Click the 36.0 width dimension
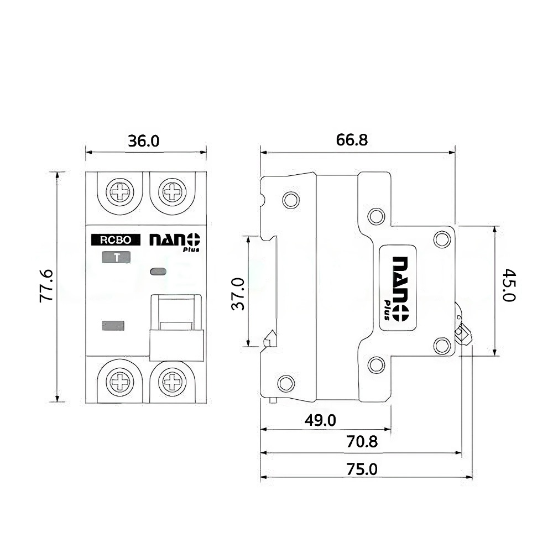point(144,140)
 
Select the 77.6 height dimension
point(46,286)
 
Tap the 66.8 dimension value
point(352,140)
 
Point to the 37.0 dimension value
point(238,294)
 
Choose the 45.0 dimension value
point(509,285)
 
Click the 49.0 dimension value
point(320,420)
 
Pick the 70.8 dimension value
point(362,441)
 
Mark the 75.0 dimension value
point(362,469)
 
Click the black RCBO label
point(116,240)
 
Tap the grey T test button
point(116,258)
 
